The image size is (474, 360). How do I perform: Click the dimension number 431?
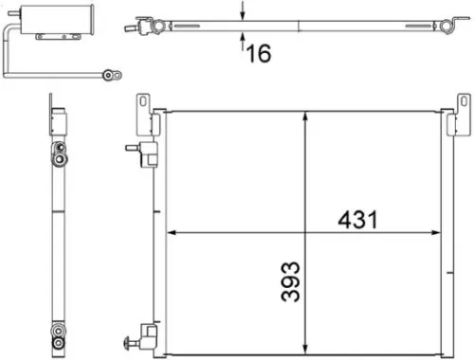pyautogui.click(x=356, y=220)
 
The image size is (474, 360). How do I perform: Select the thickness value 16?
pyautogui.click(x=260, y=53)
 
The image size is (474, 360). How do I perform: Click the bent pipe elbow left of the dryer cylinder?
pyautogui.click(x=9, y=38)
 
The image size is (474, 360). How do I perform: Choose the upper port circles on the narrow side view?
pyautogui.click(x=59, y=149)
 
